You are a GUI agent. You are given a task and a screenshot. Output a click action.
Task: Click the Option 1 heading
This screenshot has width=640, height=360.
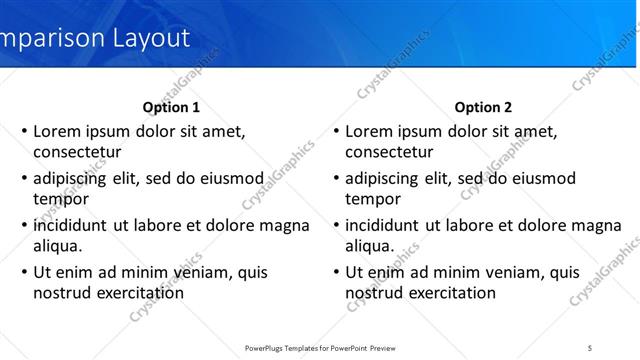[x=171, y=107]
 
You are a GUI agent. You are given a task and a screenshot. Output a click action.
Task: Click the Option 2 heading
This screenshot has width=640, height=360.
[x=483, y=107]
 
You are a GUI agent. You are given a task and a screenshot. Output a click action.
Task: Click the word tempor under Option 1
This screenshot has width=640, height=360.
[x=60, y=198]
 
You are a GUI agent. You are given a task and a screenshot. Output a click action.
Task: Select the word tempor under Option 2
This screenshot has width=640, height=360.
[x=372, y=198]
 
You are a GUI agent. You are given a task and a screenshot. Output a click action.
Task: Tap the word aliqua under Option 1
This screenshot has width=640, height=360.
[x=57, y=245]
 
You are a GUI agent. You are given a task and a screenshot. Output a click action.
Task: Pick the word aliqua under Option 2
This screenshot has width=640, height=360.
[x=369, y=245]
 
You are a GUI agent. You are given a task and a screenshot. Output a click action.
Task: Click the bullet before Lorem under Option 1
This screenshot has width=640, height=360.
[x=25, y=131]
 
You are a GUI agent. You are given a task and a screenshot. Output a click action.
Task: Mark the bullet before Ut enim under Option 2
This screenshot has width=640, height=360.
[x=337, y=272]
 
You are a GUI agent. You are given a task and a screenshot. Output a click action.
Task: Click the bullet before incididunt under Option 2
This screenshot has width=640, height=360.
[x=337, y=225]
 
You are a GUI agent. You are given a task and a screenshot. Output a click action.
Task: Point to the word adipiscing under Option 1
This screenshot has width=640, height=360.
[x=72, y=178]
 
